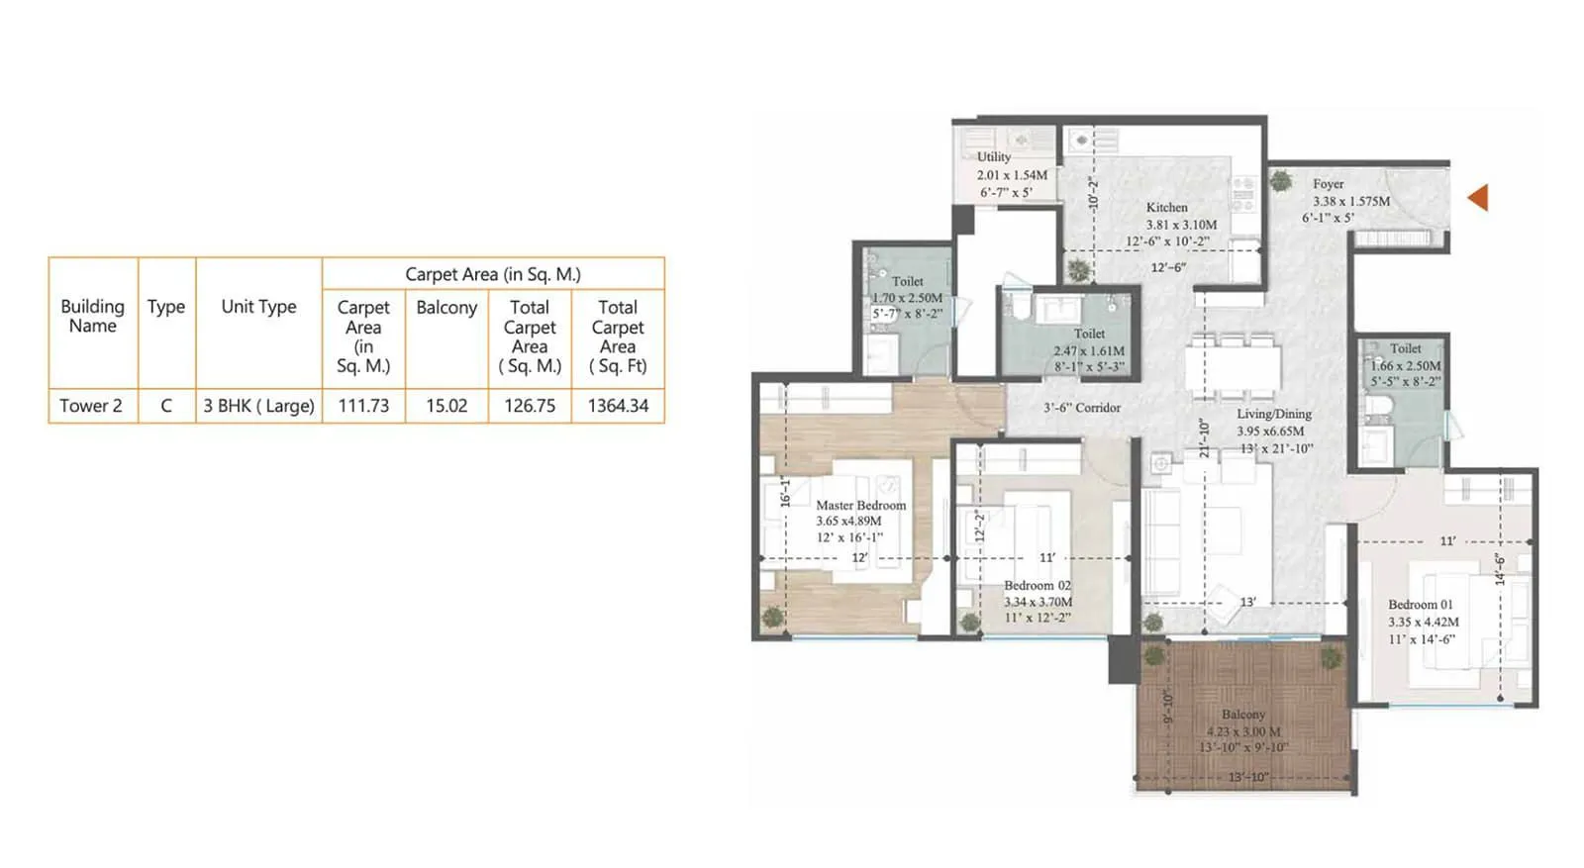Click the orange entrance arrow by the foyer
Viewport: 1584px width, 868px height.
(x=1478, y=197)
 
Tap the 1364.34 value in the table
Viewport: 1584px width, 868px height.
(x=618, y=406)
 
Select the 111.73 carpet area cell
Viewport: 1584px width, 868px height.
(x=363, y=406)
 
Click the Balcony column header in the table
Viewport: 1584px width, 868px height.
(x=446, y=308)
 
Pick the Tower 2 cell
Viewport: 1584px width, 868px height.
(x=91, y=406)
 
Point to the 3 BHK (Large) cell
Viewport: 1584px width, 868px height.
(x=258, y=406)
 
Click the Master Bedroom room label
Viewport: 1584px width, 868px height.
(x=860, y=505)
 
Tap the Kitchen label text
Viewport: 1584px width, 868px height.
(x=1166, y=208)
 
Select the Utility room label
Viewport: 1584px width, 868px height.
(x=994, y=157)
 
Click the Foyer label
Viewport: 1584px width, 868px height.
(x=1328, y=184)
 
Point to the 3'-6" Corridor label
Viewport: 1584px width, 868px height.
(x=1082, y=408)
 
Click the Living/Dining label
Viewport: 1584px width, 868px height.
(x=1273, y=414)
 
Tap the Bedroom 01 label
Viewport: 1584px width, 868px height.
(x=1420, y=605)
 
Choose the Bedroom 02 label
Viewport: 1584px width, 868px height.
(x=1037, y=586)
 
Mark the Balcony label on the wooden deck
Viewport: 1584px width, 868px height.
(x=1242, y=715)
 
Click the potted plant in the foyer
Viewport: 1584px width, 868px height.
(x=1281, y=181)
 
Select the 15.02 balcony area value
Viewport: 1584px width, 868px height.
(x=446, y=406)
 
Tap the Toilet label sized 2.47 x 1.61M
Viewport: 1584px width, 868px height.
(x=1089, y=335)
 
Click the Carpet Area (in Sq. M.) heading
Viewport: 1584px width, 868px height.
(x=492, y=275)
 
